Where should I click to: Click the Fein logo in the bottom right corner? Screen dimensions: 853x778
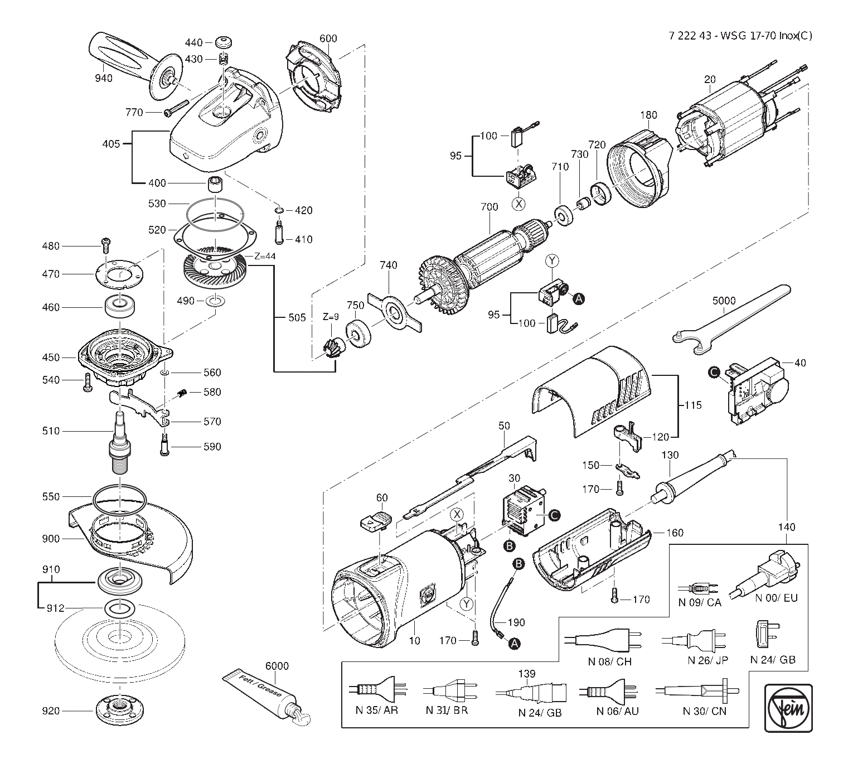[x=788, y=708]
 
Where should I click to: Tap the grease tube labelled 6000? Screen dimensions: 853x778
[x=267, y=698]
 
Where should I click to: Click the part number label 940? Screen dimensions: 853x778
[x=104, y=78]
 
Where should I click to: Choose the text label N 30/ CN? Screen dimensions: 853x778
[x=705, y=711]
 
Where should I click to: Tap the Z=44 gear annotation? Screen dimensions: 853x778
[x=265, y=257]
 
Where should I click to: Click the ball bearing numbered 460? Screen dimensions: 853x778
[x=120, y=307]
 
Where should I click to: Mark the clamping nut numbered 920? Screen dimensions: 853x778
[x=120, y=710]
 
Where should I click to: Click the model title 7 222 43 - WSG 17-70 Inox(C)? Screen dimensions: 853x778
[x=740, y=36]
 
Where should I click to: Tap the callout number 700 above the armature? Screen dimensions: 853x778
[x=489, y=207]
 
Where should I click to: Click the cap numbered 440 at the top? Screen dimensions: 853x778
[x=224, y=42]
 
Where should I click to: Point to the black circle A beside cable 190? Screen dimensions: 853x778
[x=515, y=644]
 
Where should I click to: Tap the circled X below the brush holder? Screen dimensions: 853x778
[x=518, y=204]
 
